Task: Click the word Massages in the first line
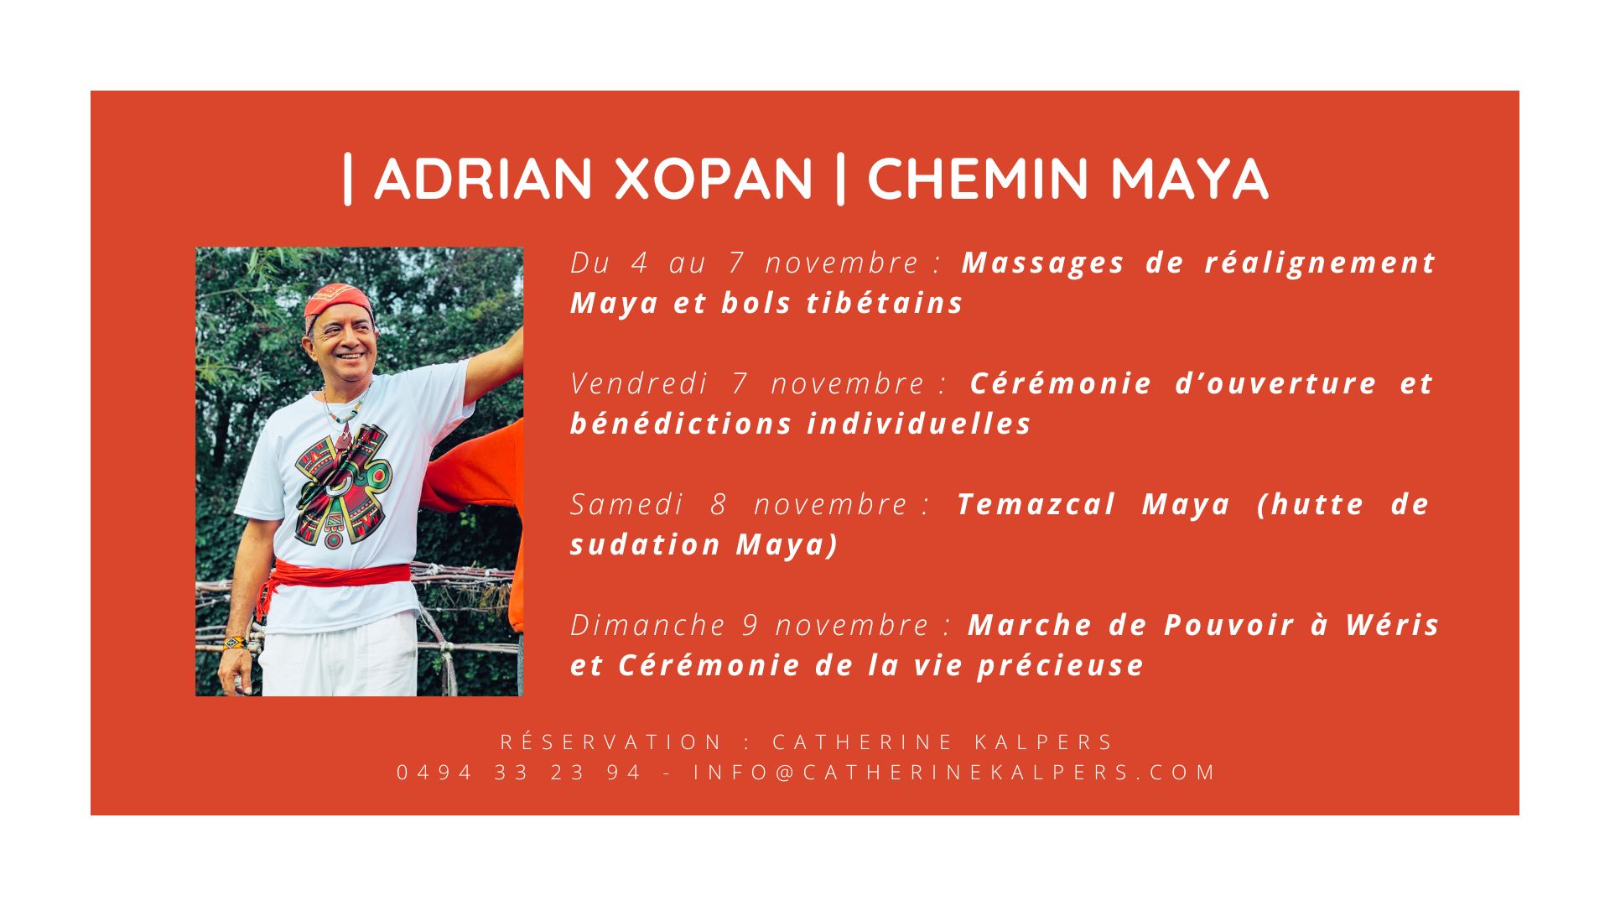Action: click(1043, 263)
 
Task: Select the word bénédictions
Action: click(680, 424)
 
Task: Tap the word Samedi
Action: click(627, 504)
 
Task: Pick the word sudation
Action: click(646, 544)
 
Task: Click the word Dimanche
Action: click(647, 625)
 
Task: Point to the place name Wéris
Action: click(1393, 625)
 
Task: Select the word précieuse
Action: click(1061, 666)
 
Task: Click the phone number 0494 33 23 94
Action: click(518, 773)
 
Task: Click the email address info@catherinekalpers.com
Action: click(954, 773)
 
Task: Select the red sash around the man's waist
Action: click(335, 577)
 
